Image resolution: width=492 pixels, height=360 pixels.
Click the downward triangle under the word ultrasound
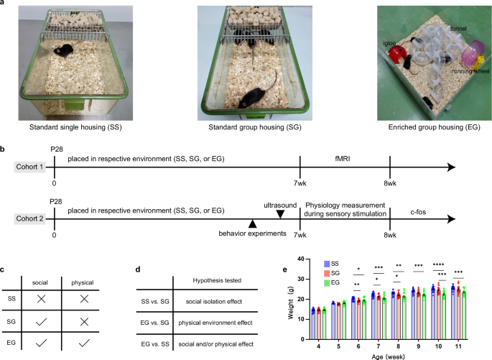279,213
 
